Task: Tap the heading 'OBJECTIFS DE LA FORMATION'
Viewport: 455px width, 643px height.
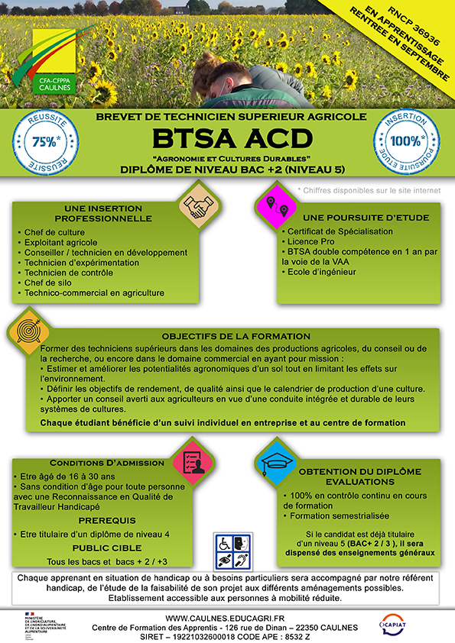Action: pyautogui.click(x=236, y=336)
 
